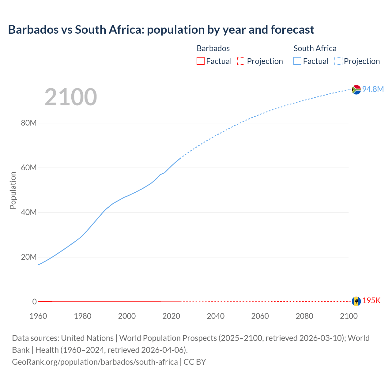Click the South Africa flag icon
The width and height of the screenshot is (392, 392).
[356, 89]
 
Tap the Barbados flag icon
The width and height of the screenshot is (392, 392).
[356, 301]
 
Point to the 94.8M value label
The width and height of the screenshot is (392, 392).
[373, 89]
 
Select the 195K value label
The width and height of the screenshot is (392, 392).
[371, 301]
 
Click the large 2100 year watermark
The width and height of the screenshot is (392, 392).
[71, 97]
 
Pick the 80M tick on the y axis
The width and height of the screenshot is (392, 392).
[29, 123]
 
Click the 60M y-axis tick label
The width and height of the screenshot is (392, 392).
[29, 168]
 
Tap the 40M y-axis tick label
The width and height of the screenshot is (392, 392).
[29, 213]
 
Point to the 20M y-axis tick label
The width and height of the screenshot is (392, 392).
[29, 257]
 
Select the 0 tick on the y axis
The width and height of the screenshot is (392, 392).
[34, 302]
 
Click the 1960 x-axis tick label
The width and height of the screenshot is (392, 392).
[38, 316]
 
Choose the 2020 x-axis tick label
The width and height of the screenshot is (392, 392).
[171, 316]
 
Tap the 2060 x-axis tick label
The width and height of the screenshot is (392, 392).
[260, 316]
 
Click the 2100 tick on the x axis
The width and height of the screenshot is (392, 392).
[349, 316]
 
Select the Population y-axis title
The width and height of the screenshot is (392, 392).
[13, 190]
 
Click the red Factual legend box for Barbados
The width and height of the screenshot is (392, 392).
[201, 61]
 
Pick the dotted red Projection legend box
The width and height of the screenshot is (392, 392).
[241, 61]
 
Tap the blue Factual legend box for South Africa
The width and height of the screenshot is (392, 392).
[297, 61]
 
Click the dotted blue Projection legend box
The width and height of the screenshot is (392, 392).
[338, 61]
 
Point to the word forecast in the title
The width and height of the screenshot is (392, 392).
[292, 30]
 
